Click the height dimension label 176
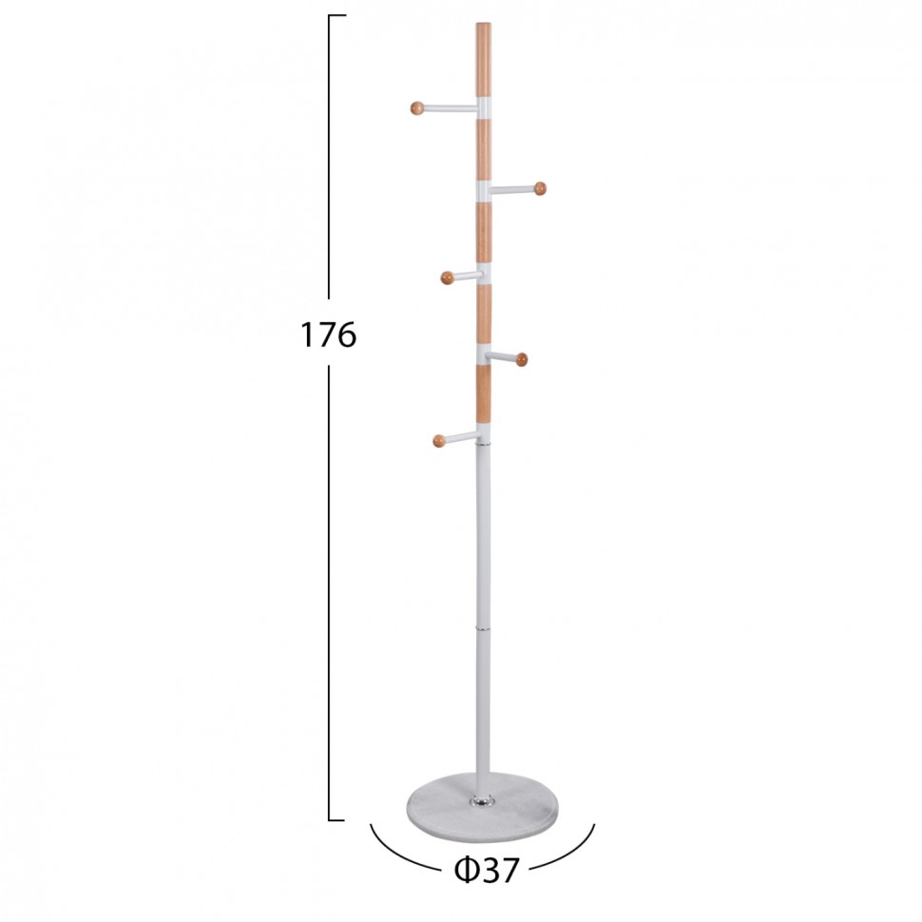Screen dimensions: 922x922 pyautogui.click(x=328, y=336)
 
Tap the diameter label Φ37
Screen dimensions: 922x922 pyautogui.click(x=488, y=871)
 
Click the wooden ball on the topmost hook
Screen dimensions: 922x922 pyautogui.click(x=417, y=108)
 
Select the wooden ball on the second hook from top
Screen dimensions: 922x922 pyautogui.click(x=540, y=189)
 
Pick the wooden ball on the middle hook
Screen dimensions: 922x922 pyautogui.click(x=447, y=278)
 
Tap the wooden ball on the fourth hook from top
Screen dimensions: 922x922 pyautogui.click(x=522, y=359)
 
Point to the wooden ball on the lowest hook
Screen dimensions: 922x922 pyautogui.click(x=439, y=441)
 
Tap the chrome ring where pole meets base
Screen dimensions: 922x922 pyautogui.click(x=482, y=800)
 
